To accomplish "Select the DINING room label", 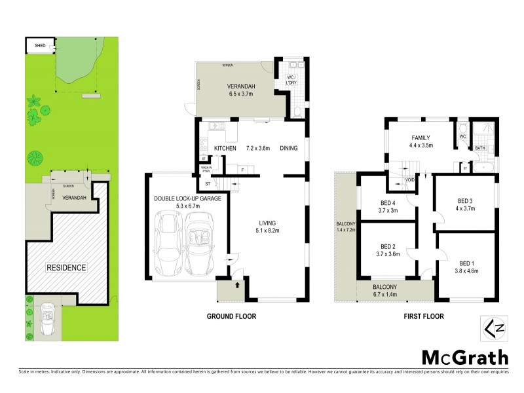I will [x=288, y=149].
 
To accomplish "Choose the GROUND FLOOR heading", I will [x=231, y=316].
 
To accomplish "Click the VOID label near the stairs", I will [x=410, y=179].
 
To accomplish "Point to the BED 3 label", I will [x=466, y=200].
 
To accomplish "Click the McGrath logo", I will [x=464, y=358].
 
